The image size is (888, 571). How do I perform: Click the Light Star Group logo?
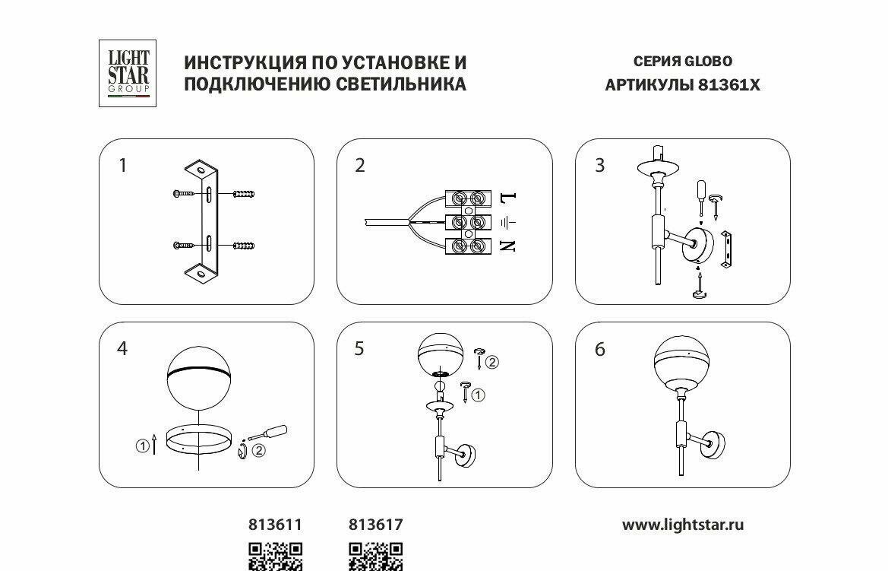click(127, 73)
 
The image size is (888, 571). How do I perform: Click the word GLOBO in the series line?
click(709, 62)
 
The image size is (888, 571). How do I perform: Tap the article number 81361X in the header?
click(728, 85)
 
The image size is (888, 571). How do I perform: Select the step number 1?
click(123, 165)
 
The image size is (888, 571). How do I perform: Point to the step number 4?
click(122, 348)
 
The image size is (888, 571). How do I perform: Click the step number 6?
click(599, 350)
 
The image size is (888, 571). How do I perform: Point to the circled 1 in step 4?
click(142, 447)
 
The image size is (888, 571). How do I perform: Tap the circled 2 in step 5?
click(492, 362)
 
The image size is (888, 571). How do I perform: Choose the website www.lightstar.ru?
click(683, 525)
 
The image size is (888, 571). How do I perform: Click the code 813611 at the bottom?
click(275, 525)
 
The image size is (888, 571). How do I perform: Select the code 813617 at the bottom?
click(375, 525)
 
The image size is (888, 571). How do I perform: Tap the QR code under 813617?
click(375, 557)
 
